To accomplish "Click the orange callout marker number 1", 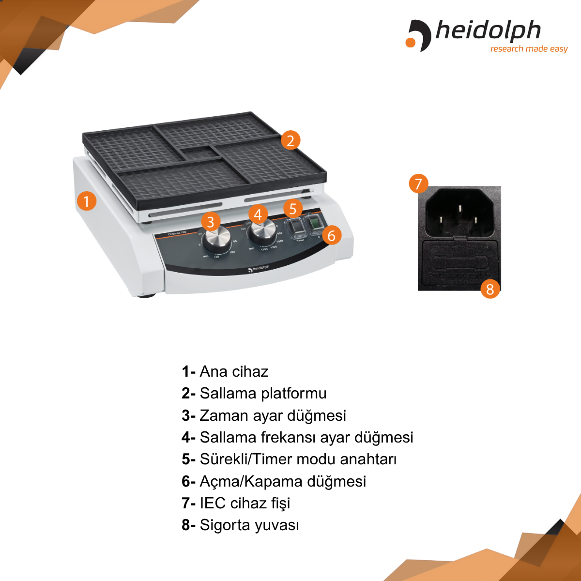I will coord(86,200).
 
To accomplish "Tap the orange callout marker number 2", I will coord(290,140).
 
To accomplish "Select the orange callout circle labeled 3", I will coord(210,222).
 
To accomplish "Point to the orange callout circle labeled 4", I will coord(258,214).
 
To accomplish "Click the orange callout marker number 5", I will coord(293,209).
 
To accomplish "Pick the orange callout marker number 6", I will coord(332,235).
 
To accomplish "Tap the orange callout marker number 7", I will coord(418,183).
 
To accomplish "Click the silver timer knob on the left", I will coord(216,240).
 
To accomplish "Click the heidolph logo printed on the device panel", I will coord(259,268).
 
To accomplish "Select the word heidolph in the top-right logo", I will coord(488,31).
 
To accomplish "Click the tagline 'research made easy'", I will coord(529,49).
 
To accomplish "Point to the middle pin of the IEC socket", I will coord(459,208).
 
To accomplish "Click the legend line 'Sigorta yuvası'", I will coord(241,525).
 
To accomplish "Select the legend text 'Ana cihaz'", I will coord(234,371).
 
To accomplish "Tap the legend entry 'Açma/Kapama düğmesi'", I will coord(274,481).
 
